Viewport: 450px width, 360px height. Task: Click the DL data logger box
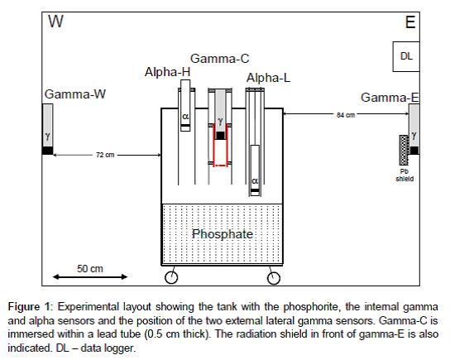(x=406, y=56)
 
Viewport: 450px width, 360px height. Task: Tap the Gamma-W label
(x=75, y=94)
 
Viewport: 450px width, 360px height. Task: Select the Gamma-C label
(x=219, y=59)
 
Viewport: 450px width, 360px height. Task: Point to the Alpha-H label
(x=168, y=72)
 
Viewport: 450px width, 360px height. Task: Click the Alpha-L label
(x=268, y=78)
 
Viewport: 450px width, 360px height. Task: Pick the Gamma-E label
(x=390, y=98)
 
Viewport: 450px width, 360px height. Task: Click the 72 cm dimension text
(x=105, y=155)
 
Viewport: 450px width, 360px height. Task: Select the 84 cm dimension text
(x=346, y=115)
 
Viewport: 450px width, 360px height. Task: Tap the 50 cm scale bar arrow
(x=90, y=276)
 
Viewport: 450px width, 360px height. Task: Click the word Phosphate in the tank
(x=223, y=234)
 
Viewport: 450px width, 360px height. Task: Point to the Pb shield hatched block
(x=404, y=150)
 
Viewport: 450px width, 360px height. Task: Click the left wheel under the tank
(x=171, y=277)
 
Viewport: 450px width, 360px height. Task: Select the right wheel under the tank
(x=274, y=278)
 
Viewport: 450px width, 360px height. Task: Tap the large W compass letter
(x=55, y=22)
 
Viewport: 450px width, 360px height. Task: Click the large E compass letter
(x=410, y=22)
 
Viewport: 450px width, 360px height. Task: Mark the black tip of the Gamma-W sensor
(x=48, y=151)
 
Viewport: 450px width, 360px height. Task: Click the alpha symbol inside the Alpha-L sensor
(x=255, y=181)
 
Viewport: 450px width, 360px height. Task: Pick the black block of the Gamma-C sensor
(x=220, y=136)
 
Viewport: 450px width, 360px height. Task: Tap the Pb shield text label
(x=405, y=175)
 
